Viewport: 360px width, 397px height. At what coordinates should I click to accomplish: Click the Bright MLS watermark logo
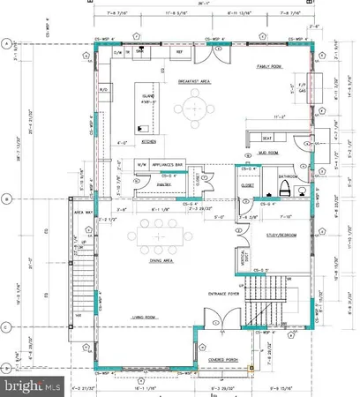31,386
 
